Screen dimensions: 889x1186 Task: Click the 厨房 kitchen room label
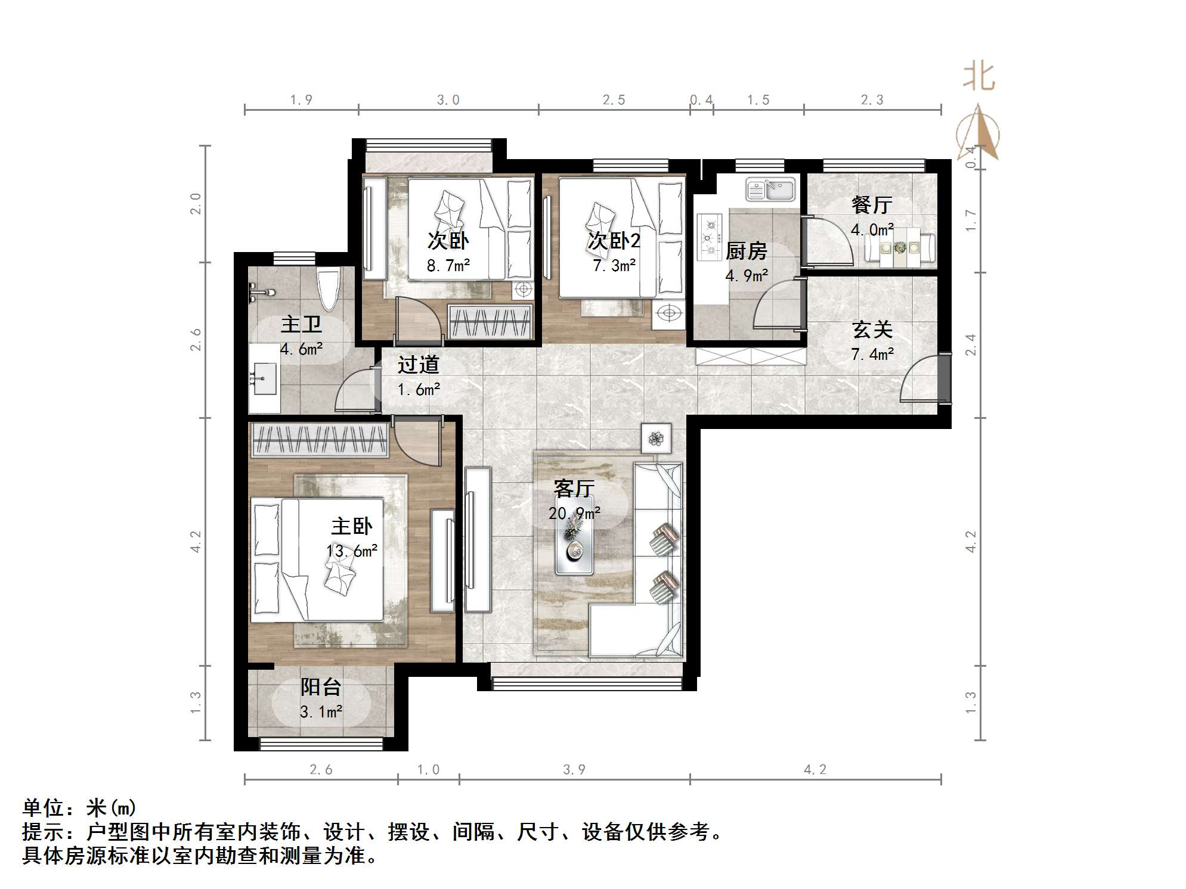746,251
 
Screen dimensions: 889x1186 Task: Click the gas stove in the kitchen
710,237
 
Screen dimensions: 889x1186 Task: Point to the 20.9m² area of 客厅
574,513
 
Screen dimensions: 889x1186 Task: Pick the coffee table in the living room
574,542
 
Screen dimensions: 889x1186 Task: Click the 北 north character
978,77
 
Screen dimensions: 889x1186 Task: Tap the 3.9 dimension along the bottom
574,769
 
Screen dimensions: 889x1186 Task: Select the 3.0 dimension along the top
448,100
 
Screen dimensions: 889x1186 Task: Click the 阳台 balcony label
320,687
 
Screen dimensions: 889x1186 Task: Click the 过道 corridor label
419,364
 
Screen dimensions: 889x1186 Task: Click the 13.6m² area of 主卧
352,551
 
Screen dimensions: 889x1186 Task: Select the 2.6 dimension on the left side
196,340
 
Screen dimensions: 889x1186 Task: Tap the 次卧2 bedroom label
614,241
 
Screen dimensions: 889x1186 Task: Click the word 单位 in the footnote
43,808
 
